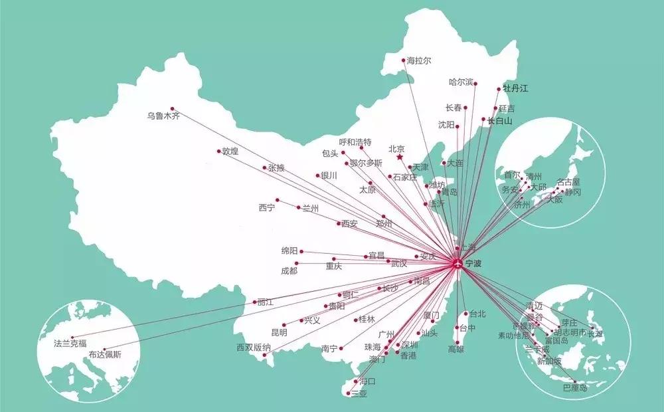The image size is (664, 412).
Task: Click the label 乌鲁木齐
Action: pos(163,116)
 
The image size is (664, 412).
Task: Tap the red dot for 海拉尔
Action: pos(403,60)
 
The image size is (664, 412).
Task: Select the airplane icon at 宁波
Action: pos(457,263)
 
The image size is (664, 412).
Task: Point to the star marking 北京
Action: pos(399,158)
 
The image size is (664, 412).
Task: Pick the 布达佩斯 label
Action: pos(105,356)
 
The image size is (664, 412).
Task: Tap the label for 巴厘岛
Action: pos(574,387)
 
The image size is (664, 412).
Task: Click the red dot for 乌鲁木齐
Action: pos(172,108)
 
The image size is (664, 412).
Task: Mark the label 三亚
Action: pos(359,393)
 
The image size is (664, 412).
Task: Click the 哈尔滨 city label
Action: pos(461,82)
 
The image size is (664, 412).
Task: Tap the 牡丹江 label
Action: pos(515,88)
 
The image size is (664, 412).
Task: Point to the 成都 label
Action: pos(289,270)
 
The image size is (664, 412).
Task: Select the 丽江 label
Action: pos(264,302)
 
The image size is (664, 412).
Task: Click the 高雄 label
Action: pos(457,350)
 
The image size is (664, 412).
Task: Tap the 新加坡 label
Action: pos(549,361)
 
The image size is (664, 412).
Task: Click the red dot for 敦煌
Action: pos(218,151)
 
